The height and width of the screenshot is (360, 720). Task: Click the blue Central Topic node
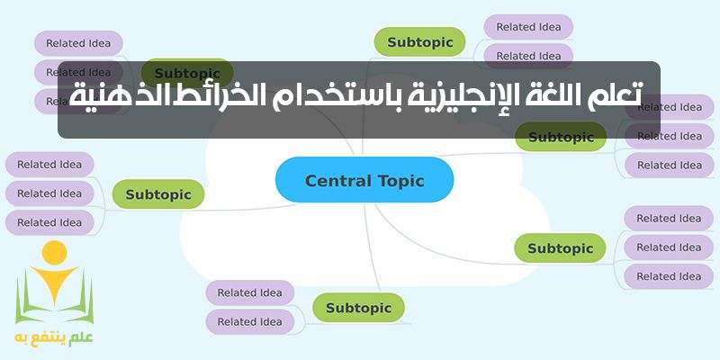point(364,180)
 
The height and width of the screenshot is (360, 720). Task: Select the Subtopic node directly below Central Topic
point(358,308)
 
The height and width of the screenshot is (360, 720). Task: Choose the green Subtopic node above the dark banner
point(419,41)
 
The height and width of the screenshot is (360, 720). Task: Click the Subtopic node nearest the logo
point(157,193)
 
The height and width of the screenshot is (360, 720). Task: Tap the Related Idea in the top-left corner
point(78,42)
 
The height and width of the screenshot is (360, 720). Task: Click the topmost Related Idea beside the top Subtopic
point(528,27)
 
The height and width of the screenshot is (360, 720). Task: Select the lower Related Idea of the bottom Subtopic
point(249,321)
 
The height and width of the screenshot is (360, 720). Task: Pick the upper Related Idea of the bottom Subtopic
point(249,292)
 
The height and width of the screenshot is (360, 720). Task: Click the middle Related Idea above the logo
point(49,193)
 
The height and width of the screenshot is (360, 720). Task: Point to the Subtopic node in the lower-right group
point(560,247)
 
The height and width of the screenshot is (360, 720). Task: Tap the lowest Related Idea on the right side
point(669,276)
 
